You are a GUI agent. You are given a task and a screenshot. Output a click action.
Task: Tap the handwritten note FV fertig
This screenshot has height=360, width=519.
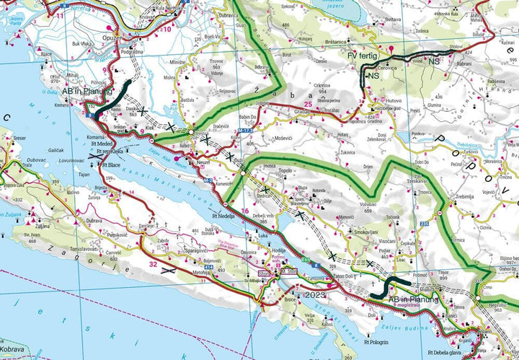tap(362, 55)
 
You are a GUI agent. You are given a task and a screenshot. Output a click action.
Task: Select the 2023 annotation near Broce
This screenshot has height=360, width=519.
tap(316, 295)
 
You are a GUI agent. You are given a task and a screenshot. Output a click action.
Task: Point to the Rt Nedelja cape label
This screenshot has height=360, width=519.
tap(225, 216)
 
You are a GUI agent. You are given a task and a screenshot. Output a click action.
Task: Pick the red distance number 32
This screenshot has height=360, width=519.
tap(153, 264)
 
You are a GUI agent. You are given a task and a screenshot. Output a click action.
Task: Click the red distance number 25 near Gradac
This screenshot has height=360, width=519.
tap(308, 105)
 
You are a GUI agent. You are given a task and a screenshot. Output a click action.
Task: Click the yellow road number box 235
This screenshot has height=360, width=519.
tap(425, 224)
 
